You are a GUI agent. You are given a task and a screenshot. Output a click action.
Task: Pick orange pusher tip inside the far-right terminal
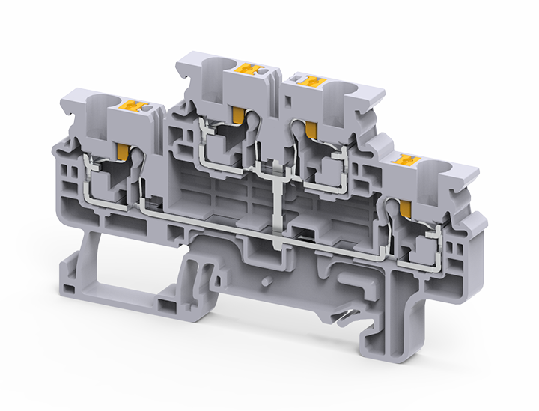pyautogui.click(x=407, y=207)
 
